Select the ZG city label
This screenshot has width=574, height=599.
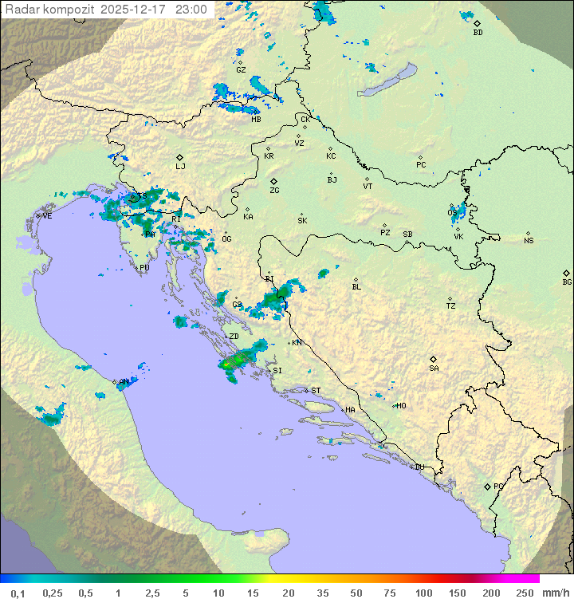pyautogui.click(x=274, y=191)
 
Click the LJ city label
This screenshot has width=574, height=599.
pyautogui.click(x=180, y=166)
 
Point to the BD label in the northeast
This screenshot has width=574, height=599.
pyautogui.click(x=478, y=33)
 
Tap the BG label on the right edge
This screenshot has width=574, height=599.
pyautogui.click(x=567, y=282)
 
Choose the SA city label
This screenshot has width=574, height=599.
pyautogui.click(x=434, y=368)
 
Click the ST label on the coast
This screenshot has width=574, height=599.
pyautogui.click(x=316, y=391)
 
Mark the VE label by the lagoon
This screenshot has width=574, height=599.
pyautogui.click(x=47, y=216)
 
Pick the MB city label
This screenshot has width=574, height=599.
pyautogui.click(x=256, y=120)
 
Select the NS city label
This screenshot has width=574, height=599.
pyautogui.click(x=529, y=241)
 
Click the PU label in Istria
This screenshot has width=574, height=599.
pyautogui.click(x=144, y=268)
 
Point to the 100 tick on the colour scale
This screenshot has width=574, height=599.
pyautogui.click(x=423, y=593)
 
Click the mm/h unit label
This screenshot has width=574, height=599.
pyautogui.click(x=554, y=593)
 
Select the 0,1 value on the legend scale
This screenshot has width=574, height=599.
pyautogui.click(x=18, y=593)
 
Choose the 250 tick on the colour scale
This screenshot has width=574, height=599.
pyautogui.click(x=525, y=593)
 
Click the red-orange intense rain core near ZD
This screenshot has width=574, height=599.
pyautogui.click(x=228, y=364)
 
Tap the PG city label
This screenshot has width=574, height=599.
pyautogui.click(x=498, y=486)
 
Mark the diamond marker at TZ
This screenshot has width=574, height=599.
pyautogui.click(x=450, y=298)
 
